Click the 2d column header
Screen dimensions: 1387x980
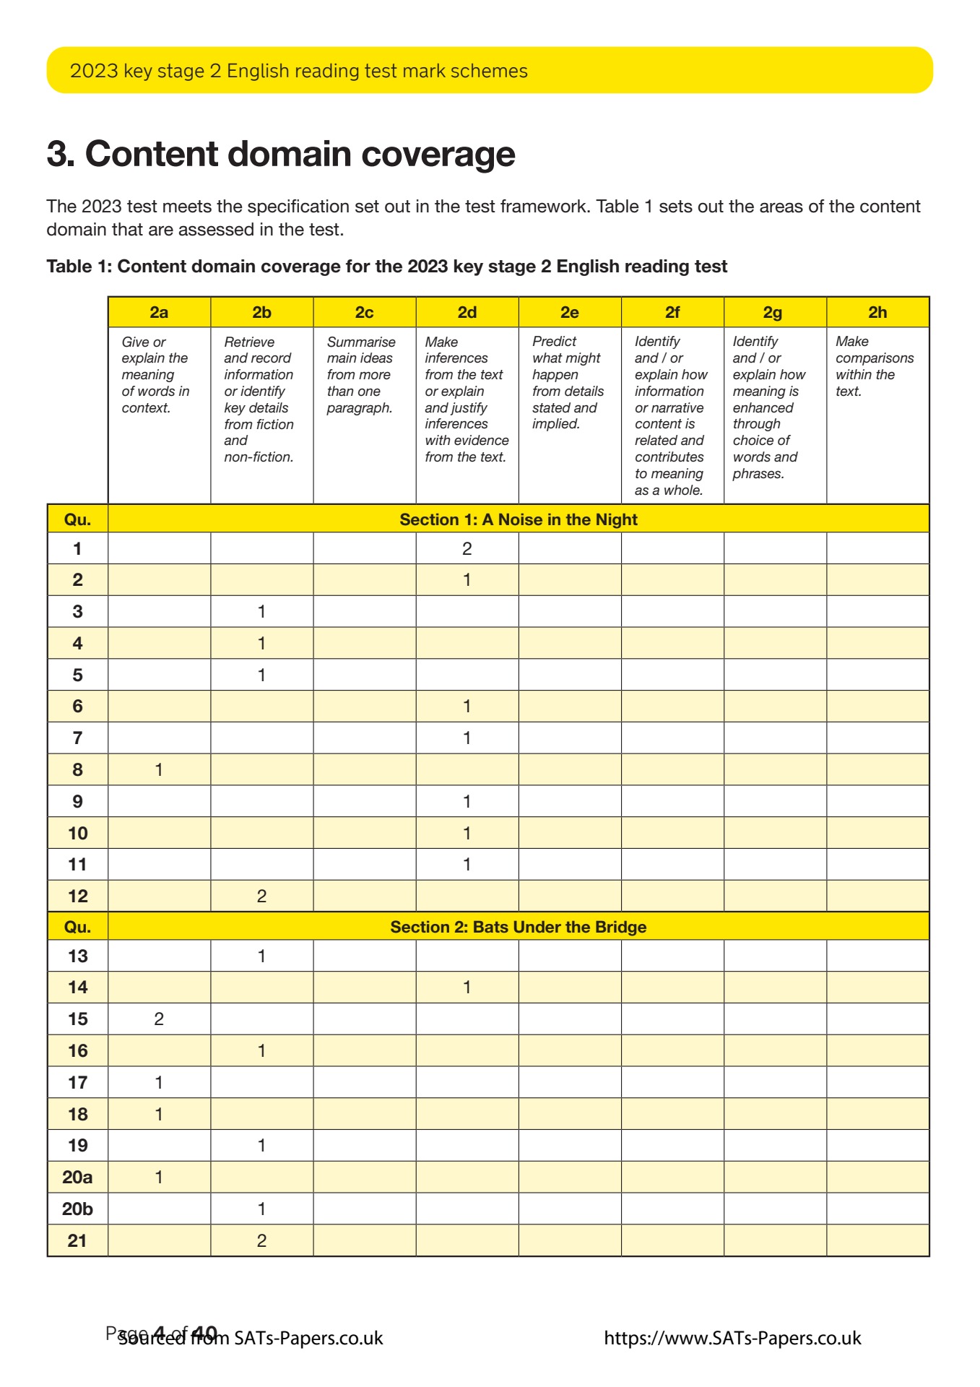[x=467, y=312]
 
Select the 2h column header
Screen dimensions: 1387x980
[x=877, y=312]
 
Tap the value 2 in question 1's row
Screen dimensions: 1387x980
[x=467, y=548]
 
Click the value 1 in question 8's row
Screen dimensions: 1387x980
[x=159, y=769]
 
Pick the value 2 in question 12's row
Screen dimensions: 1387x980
[x=261, y=896]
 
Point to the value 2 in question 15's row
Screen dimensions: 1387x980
[x=159, y=1019]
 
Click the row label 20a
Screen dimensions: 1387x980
[x=77, y=1177]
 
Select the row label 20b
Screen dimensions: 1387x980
[x=77, y=1209]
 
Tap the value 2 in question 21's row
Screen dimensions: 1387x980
[x=261, y=1240]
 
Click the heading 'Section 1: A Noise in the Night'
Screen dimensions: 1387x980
[x=519, y=519]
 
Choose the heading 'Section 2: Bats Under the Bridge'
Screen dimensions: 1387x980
[x=519, y=927]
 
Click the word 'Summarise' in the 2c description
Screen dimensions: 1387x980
[x=361, y=342]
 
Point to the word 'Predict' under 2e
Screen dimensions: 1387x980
[x=554, y=341]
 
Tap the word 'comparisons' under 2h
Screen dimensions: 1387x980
[x=875, y=358]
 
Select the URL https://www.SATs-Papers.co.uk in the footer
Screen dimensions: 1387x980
[x=732, y=1339]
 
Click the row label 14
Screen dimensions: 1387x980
[x=77, y=987]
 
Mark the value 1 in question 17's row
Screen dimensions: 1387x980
[x=159, y=1082]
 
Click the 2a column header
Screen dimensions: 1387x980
[x=159, y=312]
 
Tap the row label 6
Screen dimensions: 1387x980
[x=77, y=706]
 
